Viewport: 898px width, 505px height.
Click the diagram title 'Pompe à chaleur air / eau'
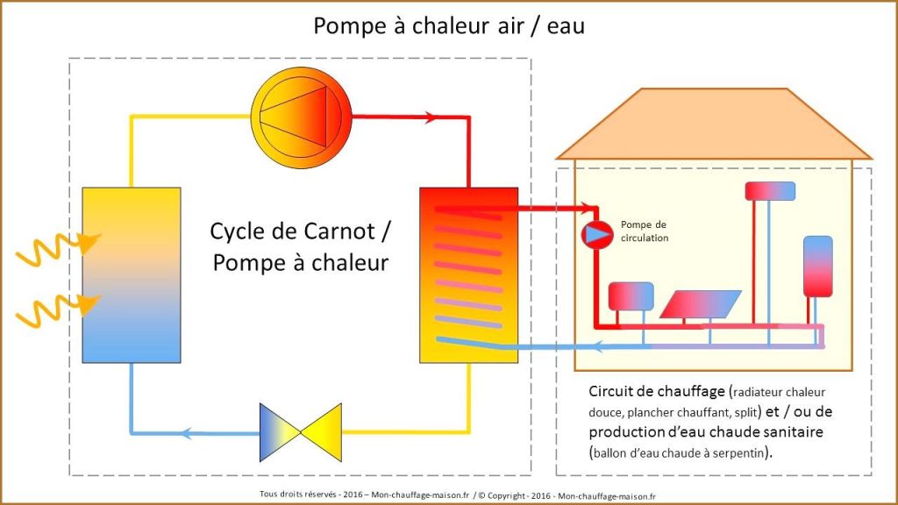coord(449,26)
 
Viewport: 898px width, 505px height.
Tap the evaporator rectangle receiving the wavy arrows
coord(131,274)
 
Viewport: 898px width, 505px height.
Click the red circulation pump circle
coord(597,234)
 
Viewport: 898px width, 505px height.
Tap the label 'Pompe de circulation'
coord(644,231)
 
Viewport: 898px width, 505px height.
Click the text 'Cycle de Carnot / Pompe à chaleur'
coord(301,246)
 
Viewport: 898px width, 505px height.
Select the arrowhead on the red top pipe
coord(430,116)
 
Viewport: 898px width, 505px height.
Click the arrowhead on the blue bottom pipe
coord(186,430)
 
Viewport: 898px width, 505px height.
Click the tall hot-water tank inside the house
coord(817,266)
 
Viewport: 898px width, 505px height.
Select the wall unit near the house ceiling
coord(769,191)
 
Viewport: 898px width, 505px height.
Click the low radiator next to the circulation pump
coord(631,296)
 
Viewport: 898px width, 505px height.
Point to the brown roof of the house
coord(711,124)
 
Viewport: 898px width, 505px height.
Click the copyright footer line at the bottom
coord(449,494)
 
